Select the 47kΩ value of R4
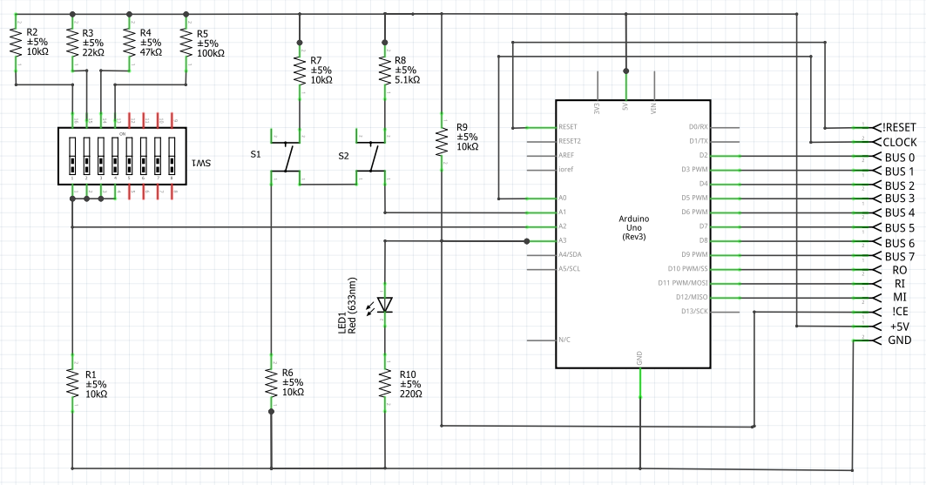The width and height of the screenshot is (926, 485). tap(150, 52)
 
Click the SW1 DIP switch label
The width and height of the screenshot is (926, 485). tap(202, 163)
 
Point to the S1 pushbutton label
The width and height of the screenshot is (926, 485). tap(255, 154)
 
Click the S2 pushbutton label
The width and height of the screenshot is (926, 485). tap(343, 154)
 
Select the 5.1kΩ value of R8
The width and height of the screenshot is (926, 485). tap(407, 80)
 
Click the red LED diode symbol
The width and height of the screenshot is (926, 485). tap(384, 304)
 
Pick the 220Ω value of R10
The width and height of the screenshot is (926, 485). tap(410, 394)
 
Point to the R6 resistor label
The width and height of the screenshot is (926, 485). tap(292, 372)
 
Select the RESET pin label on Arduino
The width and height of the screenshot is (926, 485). tap(568, 127)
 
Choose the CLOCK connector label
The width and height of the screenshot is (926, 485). tap(900, 142)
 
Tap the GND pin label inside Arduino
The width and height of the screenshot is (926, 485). tap(639, 357)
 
